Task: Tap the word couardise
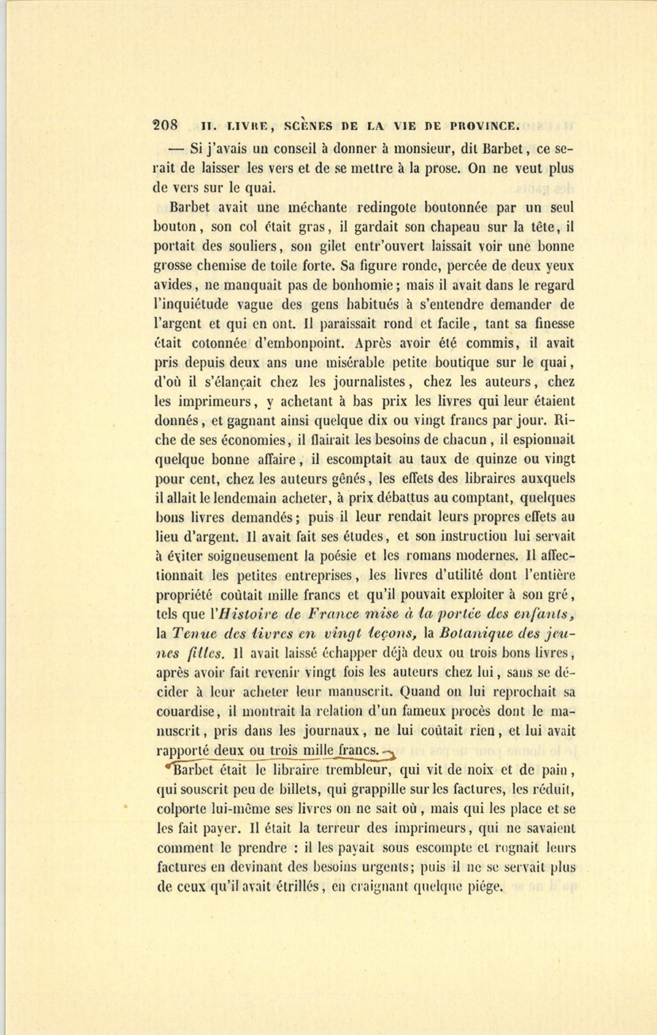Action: (185, 711)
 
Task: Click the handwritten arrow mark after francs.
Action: (388, 753)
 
